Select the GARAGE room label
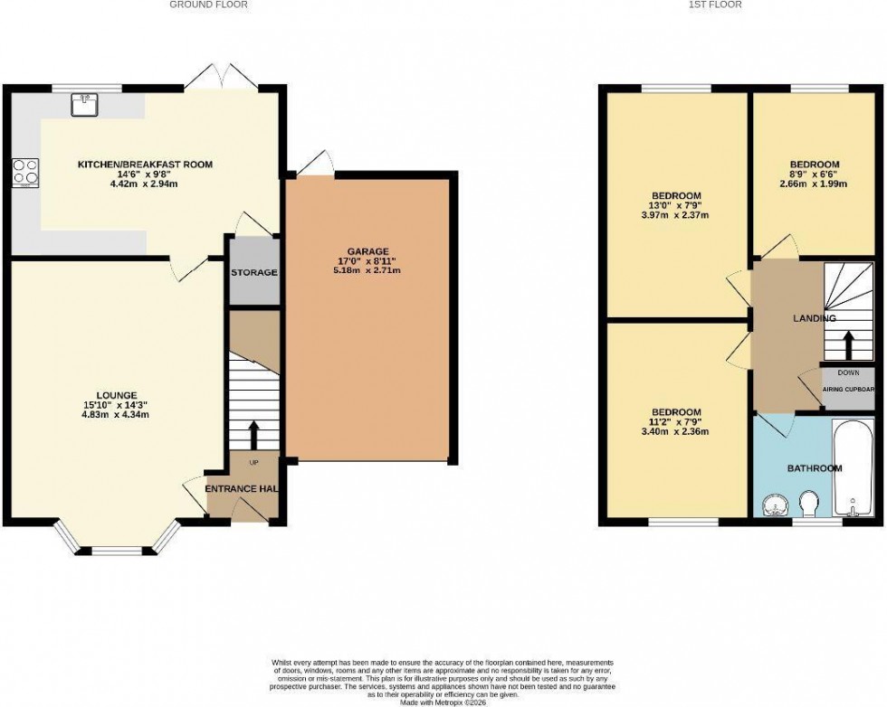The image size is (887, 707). click(369, 251)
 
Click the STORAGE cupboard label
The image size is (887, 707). click(253, 272)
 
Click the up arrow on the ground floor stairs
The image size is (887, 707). click(253, 434)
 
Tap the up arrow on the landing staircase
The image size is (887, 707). click(848, 345)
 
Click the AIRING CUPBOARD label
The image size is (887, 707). click(848, 390)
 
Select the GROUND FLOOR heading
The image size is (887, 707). click(209, 5)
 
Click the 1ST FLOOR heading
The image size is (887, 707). click(715, 5)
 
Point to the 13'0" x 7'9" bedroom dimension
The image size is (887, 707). click(676, 205)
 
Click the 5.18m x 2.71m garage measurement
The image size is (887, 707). click(369, 270)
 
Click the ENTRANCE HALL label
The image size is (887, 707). click(241, 489)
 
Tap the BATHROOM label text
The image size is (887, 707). click(814, 468)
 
